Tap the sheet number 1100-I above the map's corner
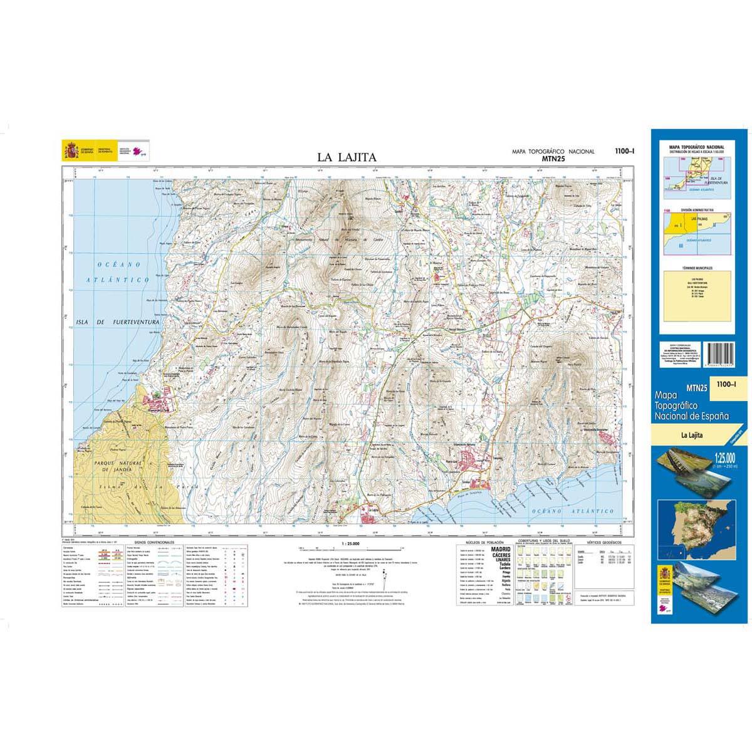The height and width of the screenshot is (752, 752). [x=625, y=151]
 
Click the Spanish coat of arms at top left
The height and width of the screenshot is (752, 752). [x=70, y=150]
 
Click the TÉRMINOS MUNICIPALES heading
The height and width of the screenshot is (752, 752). [x=697, y=268]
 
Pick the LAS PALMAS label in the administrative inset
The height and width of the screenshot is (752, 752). [x=697, y=219]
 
